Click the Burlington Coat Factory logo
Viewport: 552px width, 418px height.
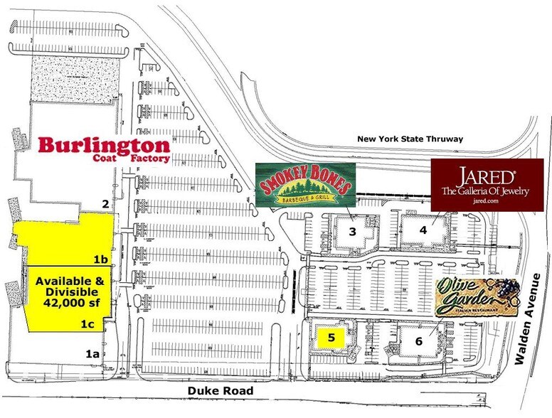tap(104, 149)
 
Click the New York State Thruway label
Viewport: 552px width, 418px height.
tap(410, 139)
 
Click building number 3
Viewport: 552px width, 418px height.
tap(351, 232)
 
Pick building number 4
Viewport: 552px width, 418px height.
tap(423, 230)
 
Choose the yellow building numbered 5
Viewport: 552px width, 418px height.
tap(331, 336)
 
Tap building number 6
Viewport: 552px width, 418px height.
tap(419, 341)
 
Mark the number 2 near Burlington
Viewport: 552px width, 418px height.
tap(105, 204)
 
